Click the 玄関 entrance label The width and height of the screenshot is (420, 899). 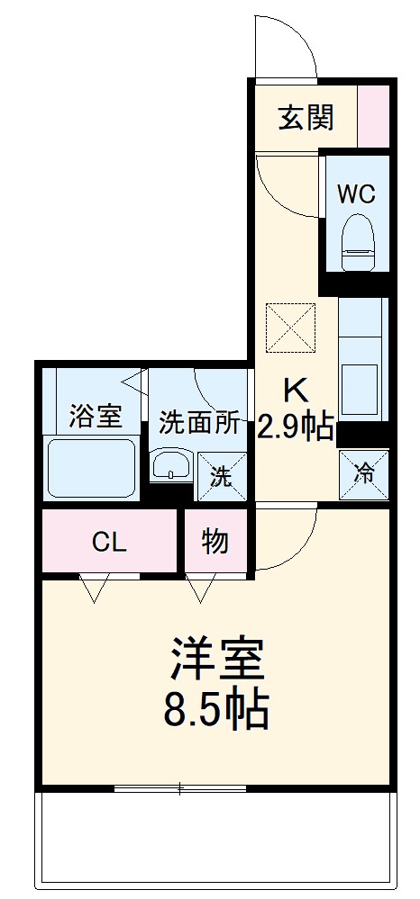306,118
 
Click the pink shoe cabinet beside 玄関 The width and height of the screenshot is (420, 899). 374,117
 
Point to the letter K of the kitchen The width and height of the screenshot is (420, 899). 297,391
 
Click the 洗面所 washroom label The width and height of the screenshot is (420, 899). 200,422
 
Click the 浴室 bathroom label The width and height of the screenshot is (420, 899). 96,416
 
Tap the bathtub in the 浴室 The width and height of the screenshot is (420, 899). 90,467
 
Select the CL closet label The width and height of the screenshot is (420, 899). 110,543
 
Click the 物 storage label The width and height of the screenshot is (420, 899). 215,543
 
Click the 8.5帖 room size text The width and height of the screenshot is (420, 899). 216,709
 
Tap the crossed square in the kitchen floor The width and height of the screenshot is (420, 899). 290,326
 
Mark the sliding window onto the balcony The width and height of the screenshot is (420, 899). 180,789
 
